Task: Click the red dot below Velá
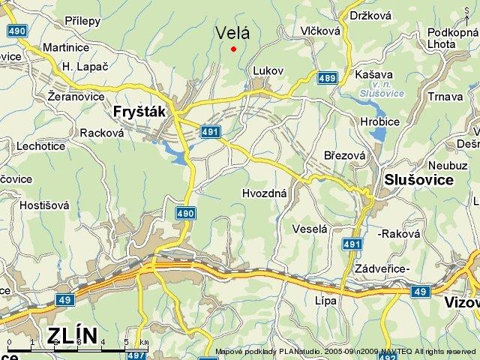point(234,49)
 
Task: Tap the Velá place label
point(232,32)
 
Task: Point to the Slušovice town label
point(418,180)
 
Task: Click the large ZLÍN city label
point(73,335)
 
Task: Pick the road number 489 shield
point(327,77)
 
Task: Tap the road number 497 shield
point(136,355)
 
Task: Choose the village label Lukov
point(268,70)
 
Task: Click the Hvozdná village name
point(265,193)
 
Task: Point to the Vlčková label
point(319,31)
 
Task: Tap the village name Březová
point(344,155)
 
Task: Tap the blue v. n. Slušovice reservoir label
point(381,90)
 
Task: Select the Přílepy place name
point(82,21)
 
